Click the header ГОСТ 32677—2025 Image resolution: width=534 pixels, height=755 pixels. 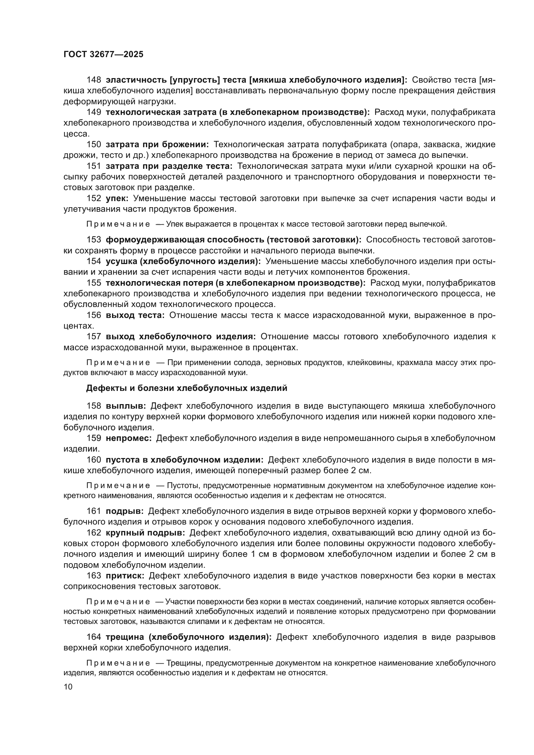(x=104, y=55)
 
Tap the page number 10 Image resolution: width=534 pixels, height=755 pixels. (x=68, y=687)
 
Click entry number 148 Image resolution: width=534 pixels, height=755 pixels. (x=94, y=80)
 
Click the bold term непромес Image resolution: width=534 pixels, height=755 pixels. (x=128, y=438)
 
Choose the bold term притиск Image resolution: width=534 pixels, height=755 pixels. (x=125, y=576)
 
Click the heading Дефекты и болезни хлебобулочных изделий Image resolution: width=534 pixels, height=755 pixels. (x=186, y=388)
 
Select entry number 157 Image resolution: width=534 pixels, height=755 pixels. (x=94, y=337)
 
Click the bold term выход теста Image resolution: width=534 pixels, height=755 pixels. (x=135, y=315)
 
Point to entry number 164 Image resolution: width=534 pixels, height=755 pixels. (x=94, y=637)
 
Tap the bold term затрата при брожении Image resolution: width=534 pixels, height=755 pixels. (x=157, y=144)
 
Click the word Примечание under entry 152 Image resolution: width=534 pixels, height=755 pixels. (x=118, y=224)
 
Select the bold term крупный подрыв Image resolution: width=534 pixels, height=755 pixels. (x=145, y=533)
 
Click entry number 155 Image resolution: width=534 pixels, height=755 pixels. (x=94, y=283)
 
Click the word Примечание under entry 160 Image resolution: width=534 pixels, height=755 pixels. (x=118, y=486)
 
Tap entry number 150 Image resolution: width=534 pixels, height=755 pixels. (x=94, y=144)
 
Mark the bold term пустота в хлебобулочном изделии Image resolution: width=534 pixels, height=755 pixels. (x=184, y=460)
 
